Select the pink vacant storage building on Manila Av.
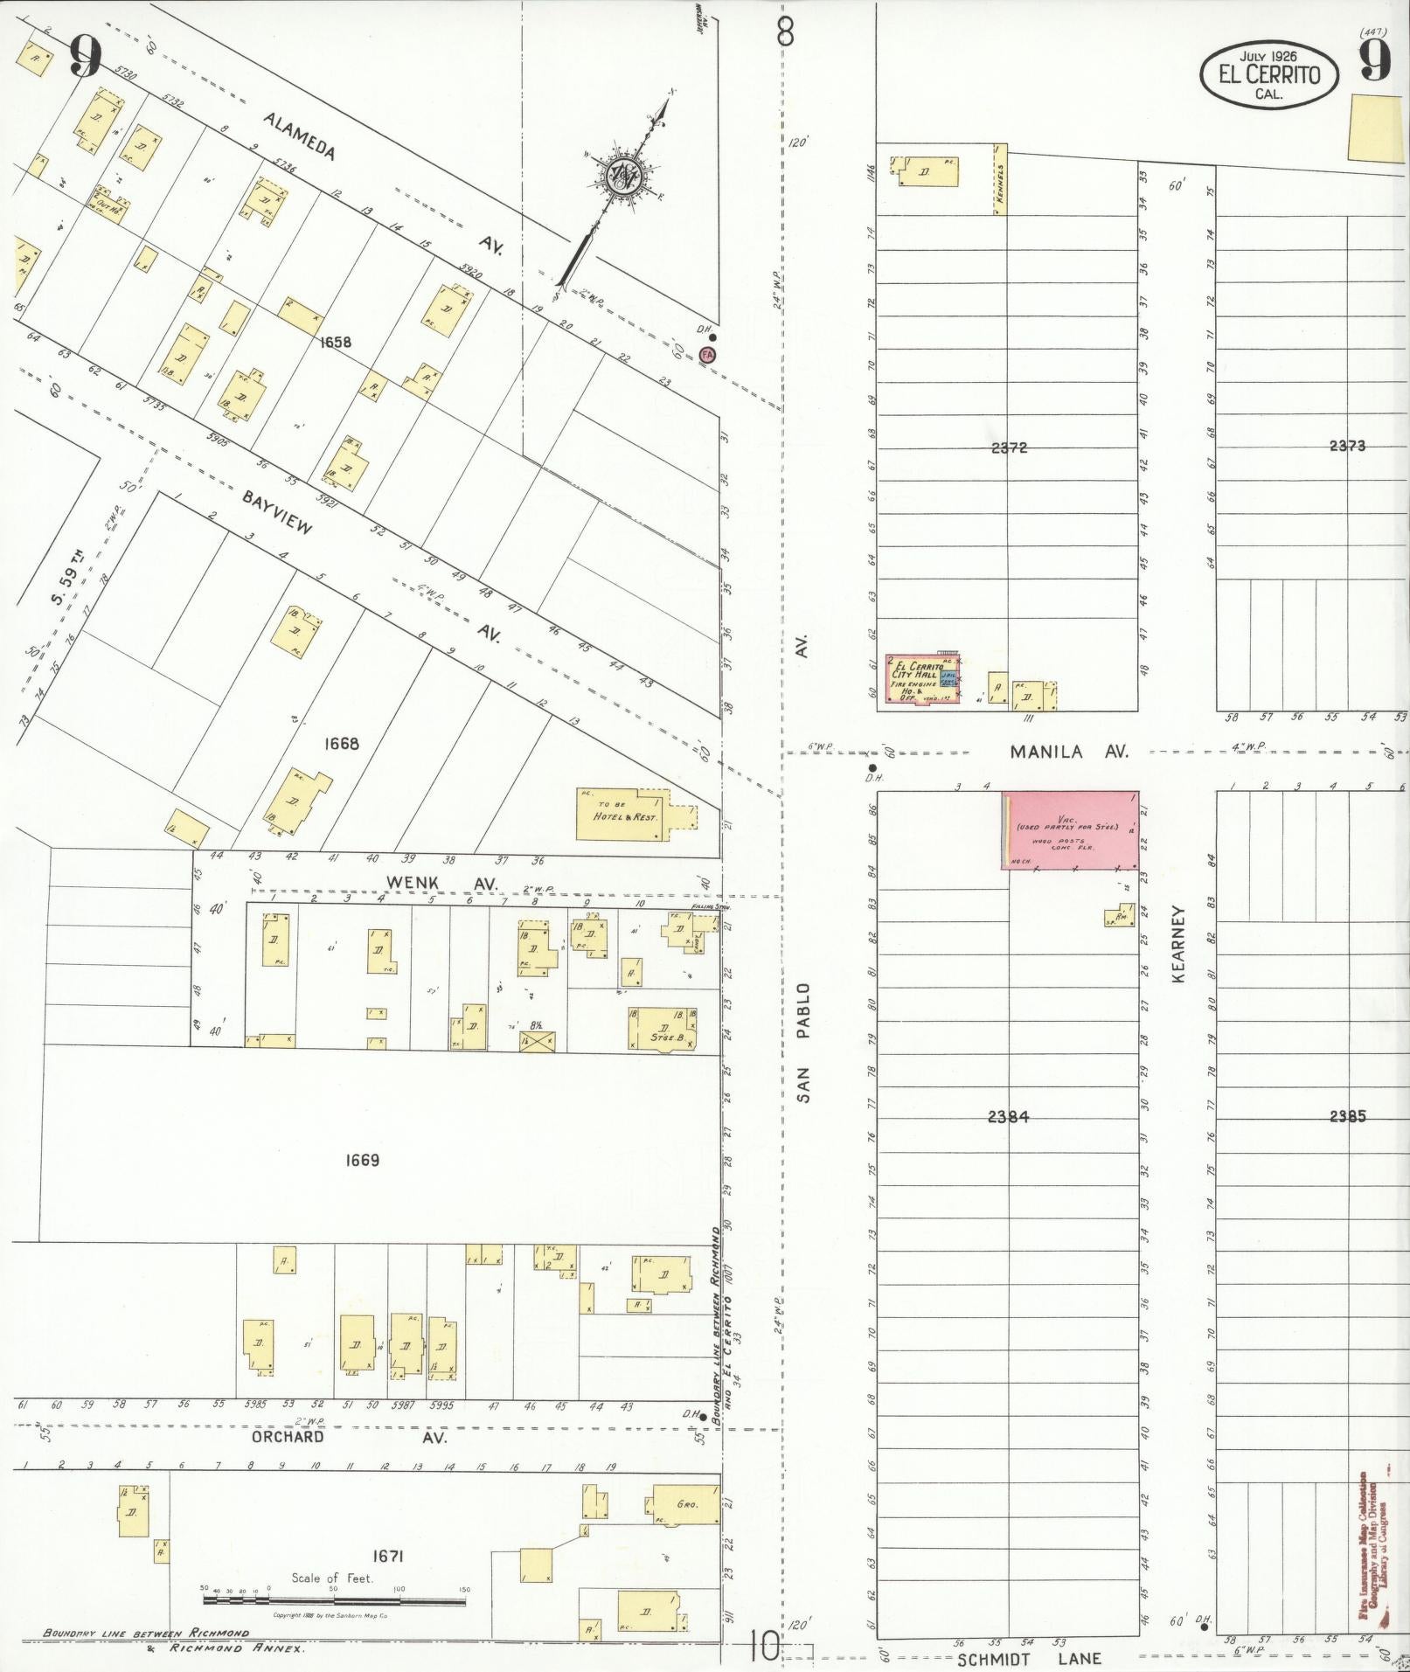click(1070, 829)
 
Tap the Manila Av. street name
click(1070, 751)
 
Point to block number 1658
click(336, 342)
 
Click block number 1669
click(362, 1161)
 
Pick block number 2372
click(1010, 447)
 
